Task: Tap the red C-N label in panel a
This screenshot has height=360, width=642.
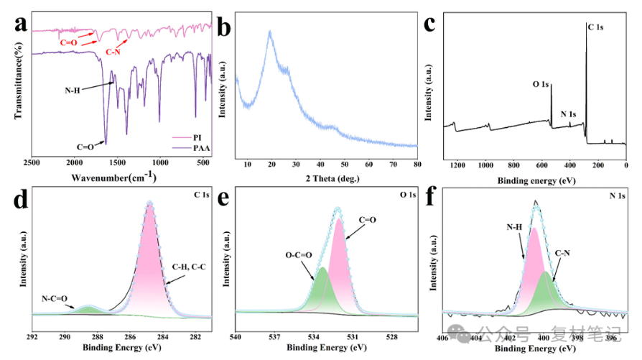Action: [114, 52]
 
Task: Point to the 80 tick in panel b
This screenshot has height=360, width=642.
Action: [417, 165]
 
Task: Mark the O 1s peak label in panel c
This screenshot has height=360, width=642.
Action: [541, 84]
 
